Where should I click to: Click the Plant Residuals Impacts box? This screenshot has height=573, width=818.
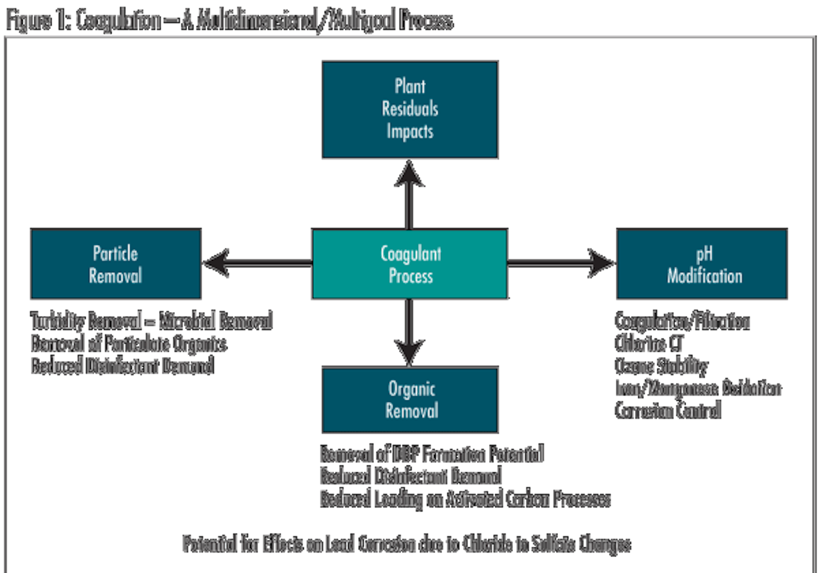click(x=410, y=109)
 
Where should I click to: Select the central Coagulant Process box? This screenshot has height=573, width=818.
click(x=410, y=264)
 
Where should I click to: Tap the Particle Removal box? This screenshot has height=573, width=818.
click(x=115, y=264)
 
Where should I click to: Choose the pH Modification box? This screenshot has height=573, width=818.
click(x=702, y=264)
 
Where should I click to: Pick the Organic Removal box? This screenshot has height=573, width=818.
click(x=410, y=400)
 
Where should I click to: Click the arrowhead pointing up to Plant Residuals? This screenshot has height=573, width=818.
click(x=409, y=173)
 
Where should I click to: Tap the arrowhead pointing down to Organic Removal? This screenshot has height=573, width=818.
click(x=409, y=352)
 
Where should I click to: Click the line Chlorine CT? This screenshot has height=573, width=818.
click(x=649, y=343)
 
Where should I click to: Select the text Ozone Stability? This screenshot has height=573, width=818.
click(x=661, y=366)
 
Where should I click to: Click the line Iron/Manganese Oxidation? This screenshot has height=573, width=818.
click(x=698, y=388)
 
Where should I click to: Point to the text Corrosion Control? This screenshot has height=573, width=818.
click(x=668, y=410)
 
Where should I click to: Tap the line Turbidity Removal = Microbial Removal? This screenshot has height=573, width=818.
click(x=152, y=321)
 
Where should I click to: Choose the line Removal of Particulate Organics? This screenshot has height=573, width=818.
click(x=128, y=343)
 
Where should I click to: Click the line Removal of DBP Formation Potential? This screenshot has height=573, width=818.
click(x=432, y=454)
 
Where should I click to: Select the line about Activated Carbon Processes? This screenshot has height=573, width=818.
click(x=465, y=499)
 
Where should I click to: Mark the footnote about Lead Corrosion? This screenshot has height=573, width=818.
click(x=406, y=544)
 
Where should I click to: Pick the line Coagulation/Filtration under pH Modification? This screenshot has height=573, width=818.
click(x=682, y=321)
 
